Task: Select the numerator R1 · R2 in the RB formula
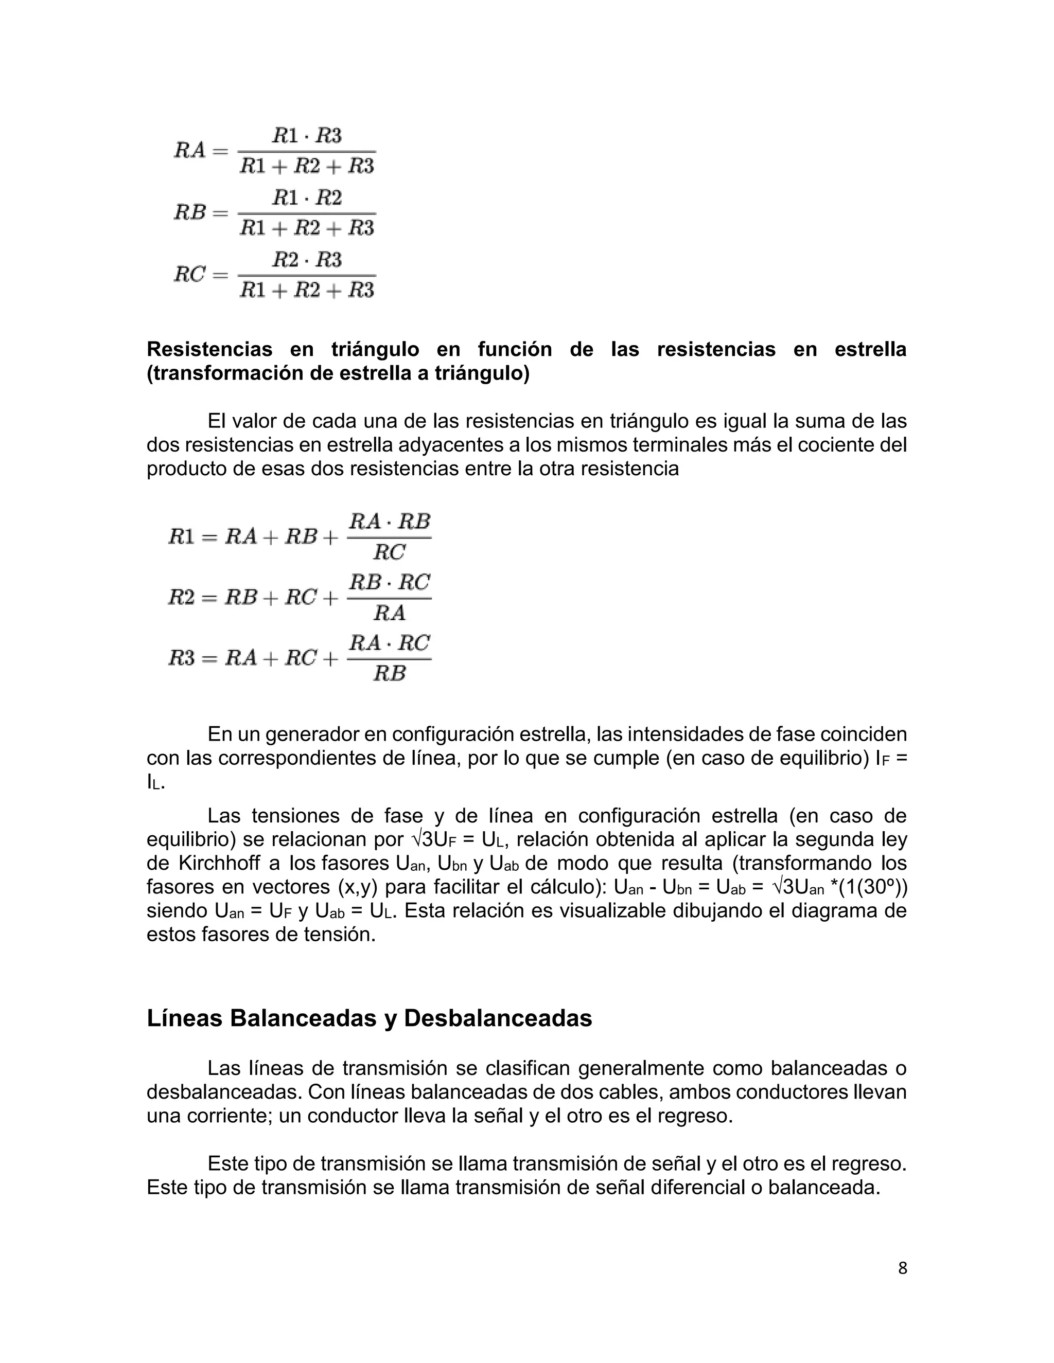[x=307, y=198]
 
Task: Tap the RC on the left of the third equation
[x=190, y=274]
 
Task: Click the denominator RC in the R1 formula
[x=389, y=552]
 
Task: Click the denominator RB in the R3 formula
[x=389, y=673]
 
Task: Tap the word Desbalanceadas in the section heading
[x=498, y=1018]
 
